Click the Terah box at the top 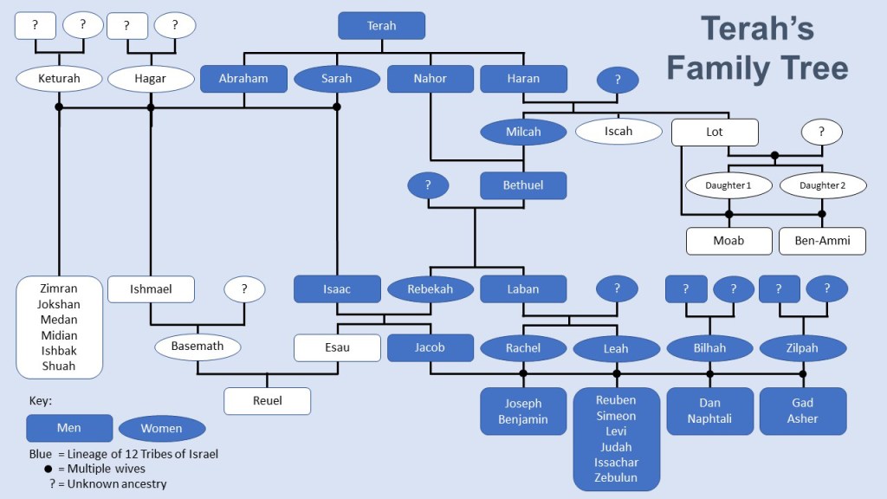(381, 26)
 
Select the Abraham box (243, 78)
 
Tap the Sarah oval (337, 78)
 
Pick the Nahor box (431, 78)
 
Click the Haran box (523, 78)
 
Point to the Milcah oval (523, 132)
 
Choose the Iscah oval (618, 132)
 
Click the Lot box (715, 132)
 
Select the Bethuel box (523, 185)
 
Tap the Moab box (729, 240)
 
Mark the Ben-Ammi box (822, 240)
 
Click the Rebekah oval (431, 288)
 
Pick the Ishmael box (151, 288)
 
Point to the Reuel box (267, 400)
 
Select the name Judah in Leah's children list (617, 447)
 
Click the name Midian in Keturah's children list (59, 335)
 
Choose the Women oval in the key (162, 428)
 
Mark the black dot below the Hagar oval (151, 107)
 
